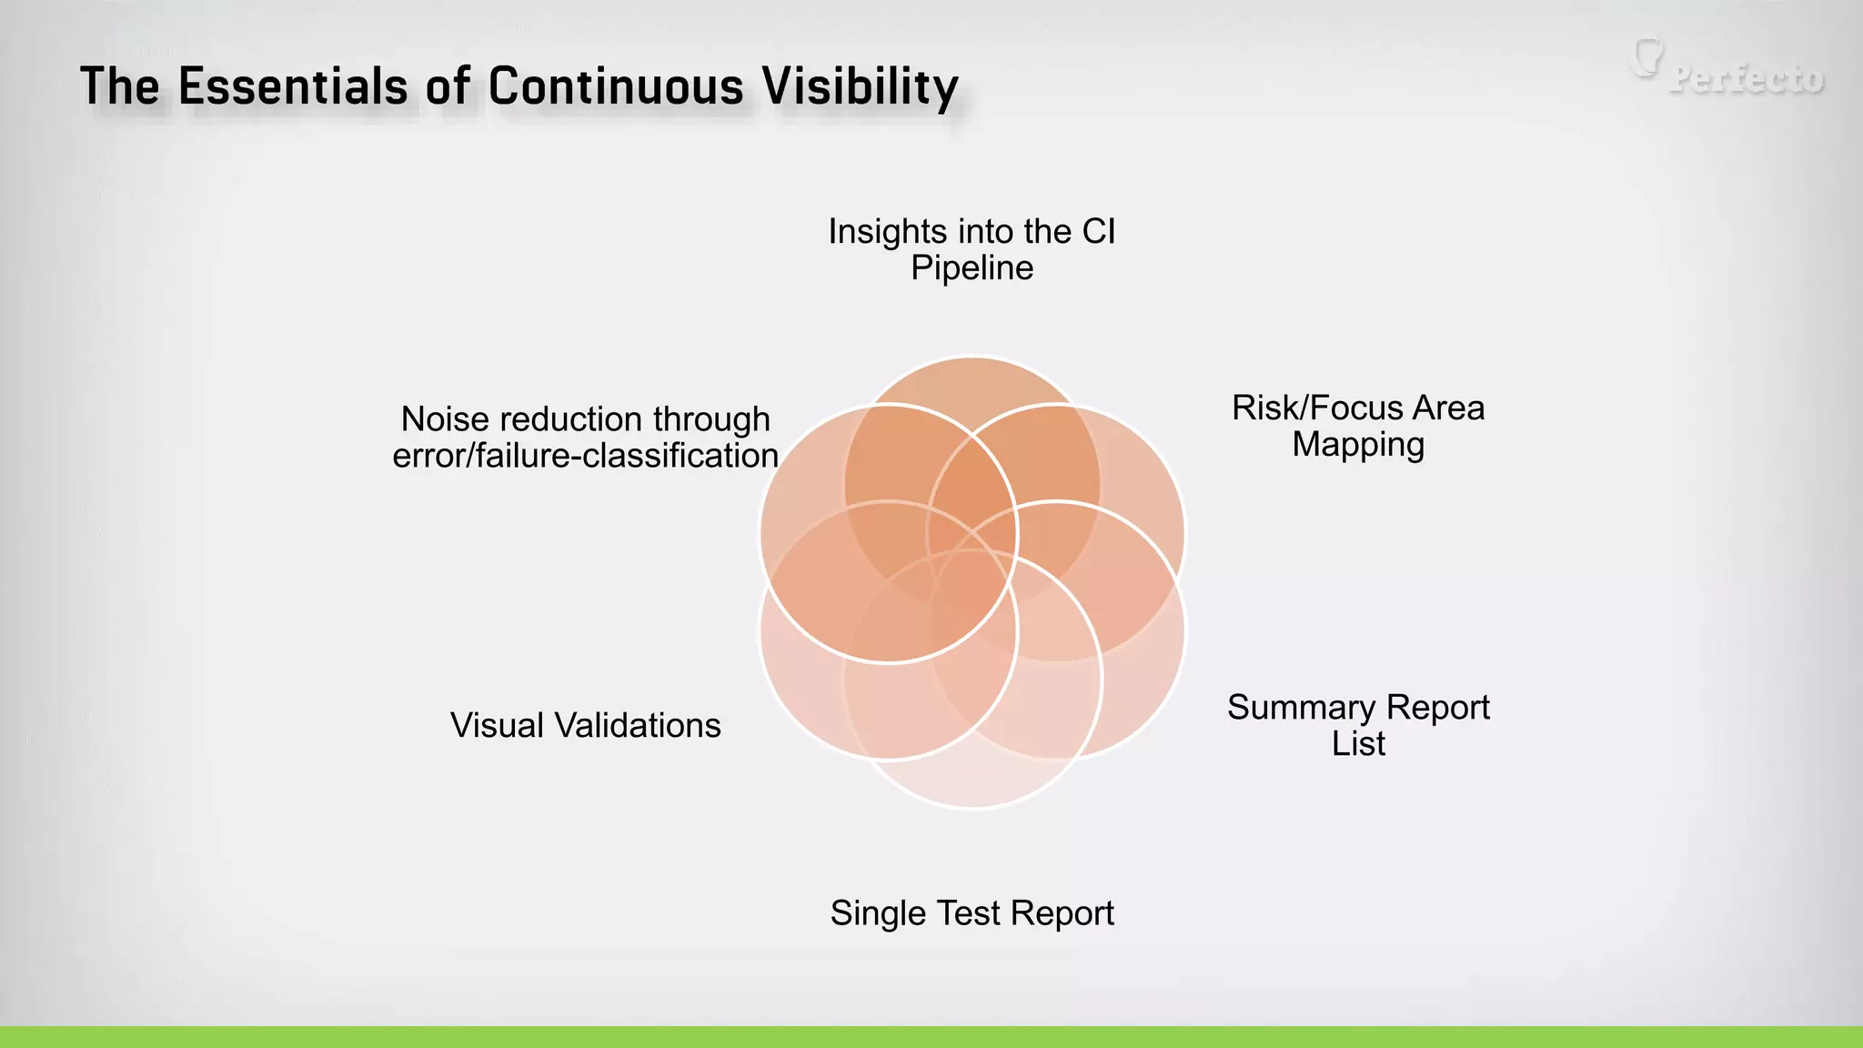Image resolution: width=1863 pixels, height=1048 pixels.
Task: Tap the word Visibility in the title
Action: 860,87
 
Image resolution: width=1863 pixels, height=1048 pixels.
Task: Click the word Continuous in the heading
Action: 616,87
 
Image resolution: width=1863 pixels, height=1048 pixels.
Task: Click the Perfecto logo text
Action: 1747,79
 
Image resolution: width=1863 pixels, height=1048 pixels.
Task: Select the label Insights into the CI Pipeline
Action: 972,249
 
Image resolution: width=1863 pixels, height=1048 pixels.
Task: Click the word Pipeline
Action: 972,268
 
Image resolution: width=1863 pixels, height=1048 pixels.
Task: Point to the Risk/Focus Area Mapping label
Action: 1358,426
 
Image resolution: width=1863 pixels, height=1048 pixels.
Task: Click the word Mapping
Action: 1358,445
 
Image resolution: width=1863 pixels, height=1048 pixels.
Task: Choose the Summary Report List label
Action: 1358,725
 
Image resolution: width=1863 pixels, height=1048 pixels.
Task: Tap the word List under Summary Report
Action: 1358,744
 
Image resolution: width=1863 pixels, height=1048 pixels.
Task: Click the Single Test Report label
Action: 972,913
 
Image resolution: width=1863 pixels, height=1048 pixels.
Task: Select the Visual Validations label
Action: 585,726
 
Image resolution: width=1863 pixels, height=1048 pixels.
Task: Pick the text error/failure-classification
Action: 585,456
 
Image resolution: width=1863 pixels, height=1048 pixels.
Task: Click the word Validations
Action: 637,726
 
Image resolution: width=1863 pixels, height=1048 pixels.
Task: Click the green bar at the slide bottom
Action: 931,1037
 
